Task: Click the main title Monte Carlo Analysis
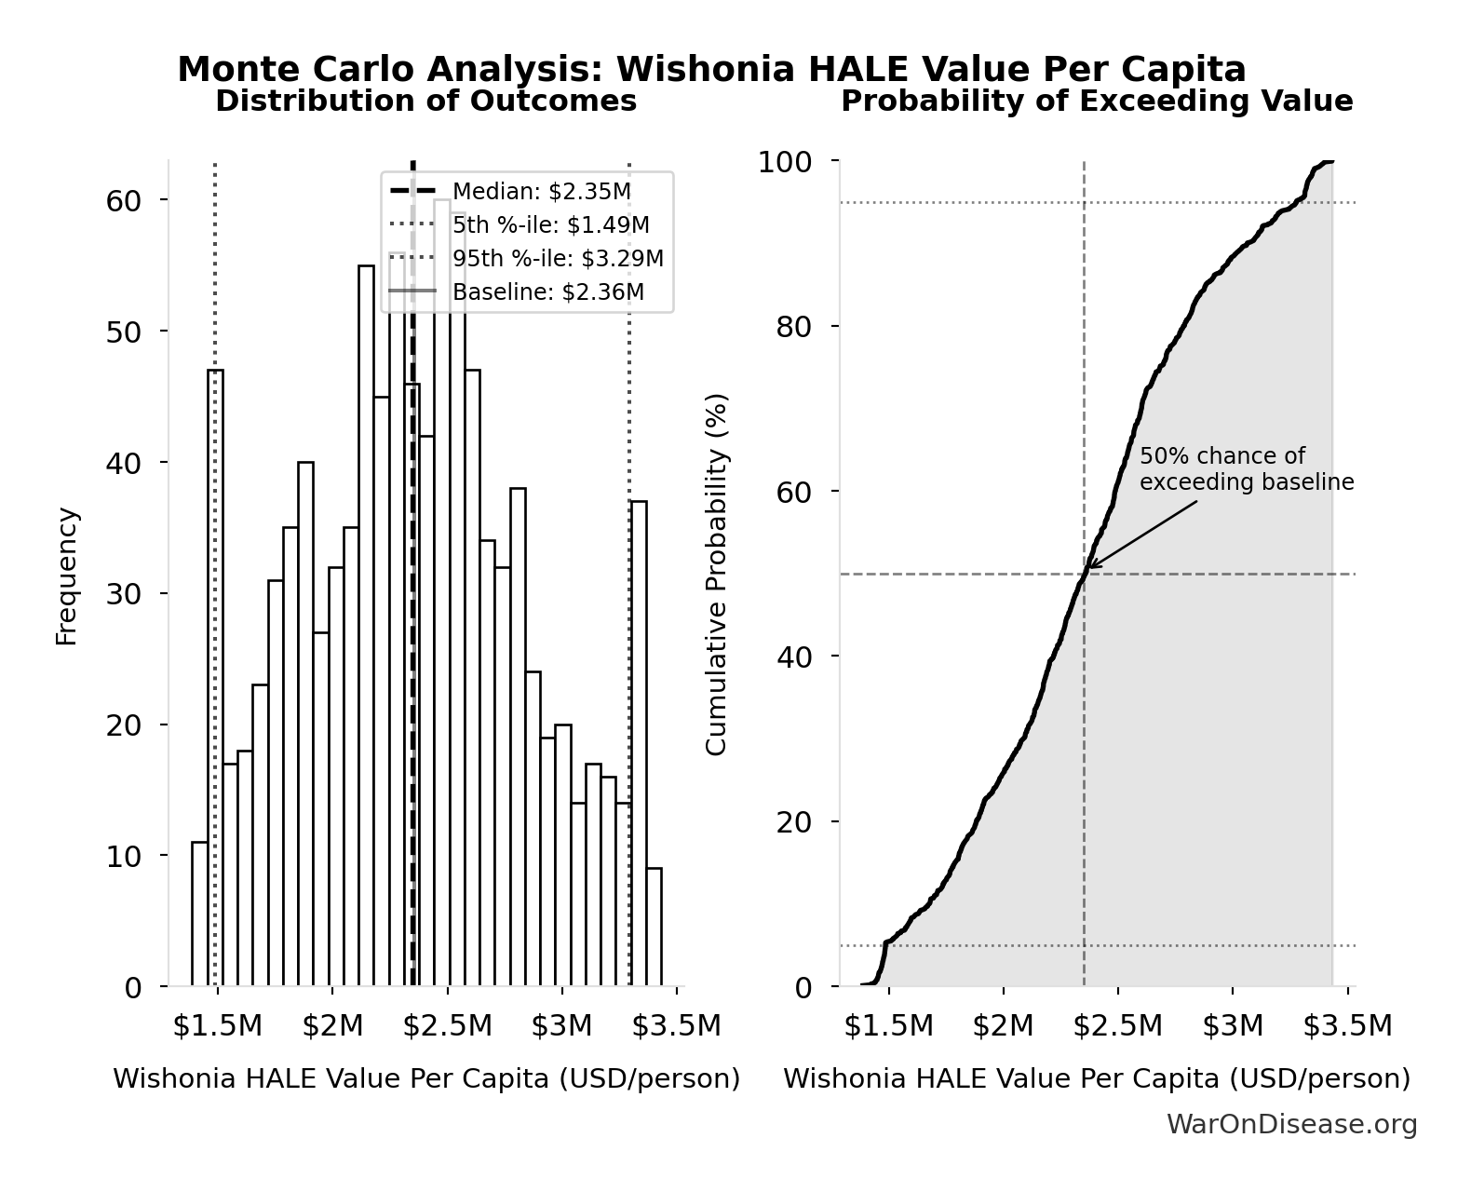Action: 711,70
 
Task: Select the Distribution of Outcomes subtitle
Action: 426,101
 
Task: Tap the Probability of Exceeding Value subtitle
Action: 1097,101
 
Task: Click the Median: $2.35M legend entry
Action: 541,192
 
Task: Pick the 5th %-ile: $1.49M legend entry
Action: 550,225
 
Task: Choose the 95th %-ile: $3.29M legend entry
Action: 558,259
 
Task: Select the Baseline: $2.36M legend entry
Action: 547,292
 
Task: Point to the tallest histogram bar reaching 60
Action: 442,596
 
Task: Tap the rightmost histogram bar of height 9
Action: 655,928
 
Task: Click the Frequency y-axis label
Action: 67,576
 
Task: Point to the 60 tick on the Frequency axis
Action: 123,200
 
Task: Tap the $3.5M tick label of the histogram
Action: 677,1025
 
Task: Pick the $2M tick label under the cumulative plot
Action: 1004,1025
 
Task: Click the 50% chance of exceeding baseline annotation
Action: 1246,469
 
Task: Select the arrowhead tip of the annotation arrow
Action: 1088,568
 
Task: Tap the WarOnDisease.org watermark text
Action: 1291,1125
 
